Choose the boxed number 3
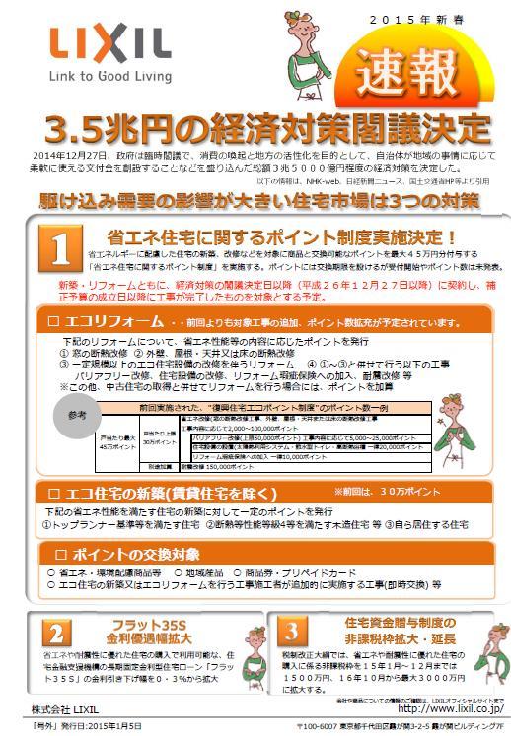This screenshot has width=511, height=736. click(292, 632)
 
